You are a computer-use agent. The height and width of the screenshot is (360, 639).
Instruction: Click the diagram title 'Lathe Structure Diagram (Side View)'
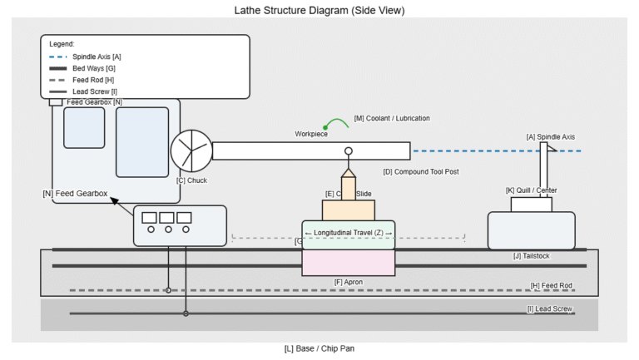click(320, 10)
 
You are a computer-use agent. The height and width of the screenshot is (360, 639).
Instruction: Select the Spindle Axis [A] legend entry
click(97, 57)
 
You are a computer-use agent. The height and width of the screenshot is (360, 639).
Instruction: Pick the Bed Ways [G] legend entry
click(94, 68)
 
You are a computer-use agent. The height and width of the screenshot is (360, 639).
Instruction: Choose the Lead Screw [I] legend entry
click(95, 91)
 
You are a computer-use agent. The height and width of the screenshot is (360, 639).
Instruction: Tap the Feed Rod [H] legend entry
click(93, 80)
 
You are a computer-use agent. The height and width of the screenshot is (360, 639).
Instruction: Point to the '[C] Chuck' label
click(191, 180)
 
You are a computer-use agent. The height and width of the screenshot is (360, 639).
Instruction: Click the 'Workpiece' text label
click(311, 134)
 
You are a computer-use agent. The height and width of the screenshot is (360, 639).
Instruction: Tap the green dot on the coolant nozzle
click(325, 127)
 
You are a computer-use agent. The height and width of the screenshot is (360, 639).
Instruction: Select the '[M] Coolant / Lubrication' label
click(392, 118)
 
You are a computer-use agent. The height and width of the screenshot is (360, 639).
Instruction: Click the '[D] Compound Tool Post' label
click(421, 171)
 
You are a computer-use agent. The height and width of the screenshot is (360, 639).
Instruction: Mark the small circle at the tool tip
click(349, 151)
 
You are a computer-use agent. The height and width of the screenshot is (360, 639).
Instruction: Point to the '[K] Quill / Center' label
click(532, 190)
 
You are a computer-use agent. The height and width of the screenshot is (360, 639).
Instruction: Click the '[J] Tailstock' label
click(532, 256)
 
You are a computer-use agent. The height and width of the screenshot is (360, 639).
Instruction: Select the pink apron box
click(349, 263)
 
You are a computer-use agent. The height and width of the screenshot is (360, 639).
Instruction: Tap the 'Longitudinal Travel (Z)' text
click(349, 232)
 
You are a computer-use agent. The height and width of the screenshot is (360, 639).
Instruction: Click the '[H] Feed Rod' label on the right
click(552, 286)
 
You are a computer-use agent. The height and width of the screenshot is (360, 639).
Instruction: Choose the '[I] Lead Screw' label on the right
click(550, 308)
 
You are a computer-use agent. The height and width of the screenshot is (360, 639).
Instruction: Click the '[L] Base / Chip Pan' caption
click(319, 348)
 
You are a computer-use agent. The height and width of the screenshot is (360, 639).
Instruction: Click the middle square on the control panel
click(167, 218)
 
